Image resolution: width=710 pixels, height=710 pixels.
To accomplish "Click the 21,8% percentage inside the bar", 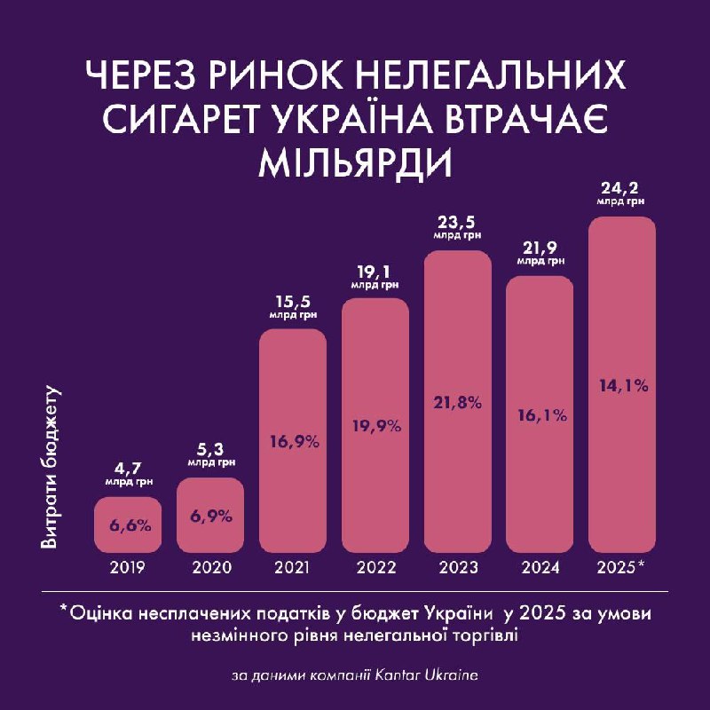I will point(457,402).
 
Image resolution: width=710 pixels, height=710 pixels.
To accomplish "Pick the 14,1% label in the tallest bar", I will point(622,385).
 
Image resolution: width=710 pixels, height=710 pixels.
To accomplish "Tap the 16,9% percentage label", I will point(292,438).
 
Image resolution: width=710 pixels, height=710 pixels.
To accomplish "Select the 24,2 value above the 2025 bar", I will point(621,187).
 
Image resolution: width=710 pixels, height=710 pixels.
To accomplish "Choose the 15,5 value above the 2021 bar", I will point(292,301).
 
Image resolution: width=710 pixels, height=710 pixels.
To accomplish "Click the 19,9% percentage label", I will point(375,424).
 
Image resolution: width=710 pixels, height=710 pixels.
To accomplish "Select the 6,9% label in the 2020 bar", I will point(209,515).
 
